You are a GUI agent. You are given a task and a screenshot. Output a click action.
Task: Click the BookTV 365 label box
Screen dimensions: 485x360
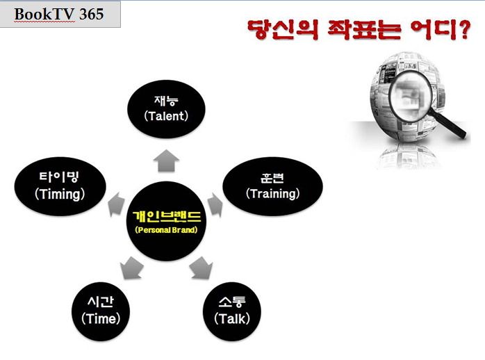60,14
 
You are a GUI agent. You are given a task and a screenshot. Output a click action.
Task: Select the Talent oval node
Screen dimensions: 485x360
166,109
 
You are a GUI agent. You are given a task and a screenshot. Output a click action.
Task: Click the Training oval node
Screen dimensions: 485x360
272,186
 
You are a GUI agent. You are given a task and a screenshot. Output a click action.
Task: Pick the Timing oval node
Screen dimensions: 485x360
60,186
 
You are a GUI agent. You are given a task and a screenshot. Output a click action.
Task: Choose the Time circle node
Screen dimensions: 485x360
101,311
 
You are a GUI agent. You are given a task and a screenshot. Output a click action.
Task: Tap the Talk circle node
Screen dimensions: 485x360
232,311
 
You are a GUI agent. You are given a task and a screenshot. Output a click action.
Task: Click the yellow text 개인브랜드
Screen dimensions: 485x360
166,216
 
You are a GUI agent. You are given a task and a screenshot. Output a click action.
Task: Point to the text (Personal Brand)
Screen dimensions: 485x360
166,230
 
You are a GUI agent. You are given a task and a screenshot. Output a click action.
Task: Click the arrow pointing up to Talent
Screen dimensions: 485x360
166,161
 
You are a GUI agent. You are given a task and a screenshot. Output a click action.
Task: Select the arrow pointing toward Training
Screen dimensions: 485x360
215,204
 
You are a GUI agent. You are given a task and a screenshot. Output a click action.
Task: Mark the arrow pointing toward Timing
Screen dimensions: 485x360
115,204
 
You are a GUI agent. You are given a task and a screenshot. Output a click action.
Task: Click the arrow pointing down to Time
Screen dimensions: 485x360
131,268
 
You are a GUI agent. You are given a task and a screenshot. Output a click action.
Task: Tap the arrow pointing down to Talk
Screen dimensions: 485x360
202,268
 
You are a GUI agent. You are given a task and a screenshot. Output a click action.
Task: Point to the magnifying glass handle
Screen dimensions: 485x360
448,124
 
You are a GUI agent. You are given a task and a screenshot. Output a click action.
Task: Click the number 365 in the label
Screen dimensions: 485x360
91,14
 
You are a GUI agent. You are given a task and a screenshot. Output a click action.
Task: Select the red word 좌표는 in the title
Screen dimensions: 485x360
364,30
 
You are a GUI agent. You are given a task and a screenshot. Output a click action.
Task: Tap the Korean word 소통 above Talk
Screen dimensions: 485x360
232,302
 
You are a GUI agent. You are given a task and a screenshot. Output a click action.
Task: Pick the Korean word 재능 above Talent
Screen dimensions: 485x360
166,101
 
